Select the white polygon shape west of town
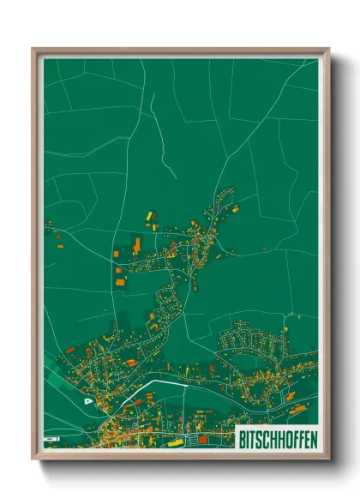tap(88, 399)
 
